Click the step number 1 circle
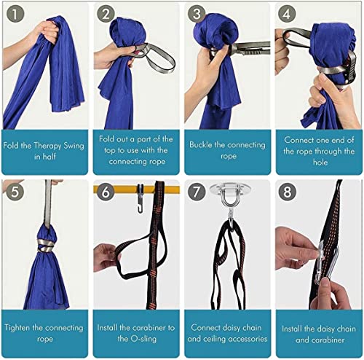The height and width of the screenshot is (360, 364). (14, 14)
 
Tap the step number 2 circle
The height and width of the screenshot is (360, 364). (106, 14)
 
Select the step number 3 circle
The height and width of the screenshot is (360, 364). (197, 14)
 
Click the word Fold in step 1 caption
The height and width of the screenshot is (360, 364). (13, 144)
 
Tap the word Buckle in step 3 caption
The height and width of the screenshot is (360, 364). (203, 144)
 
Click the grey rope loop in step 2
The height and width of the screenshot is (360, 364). (158, 57)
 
